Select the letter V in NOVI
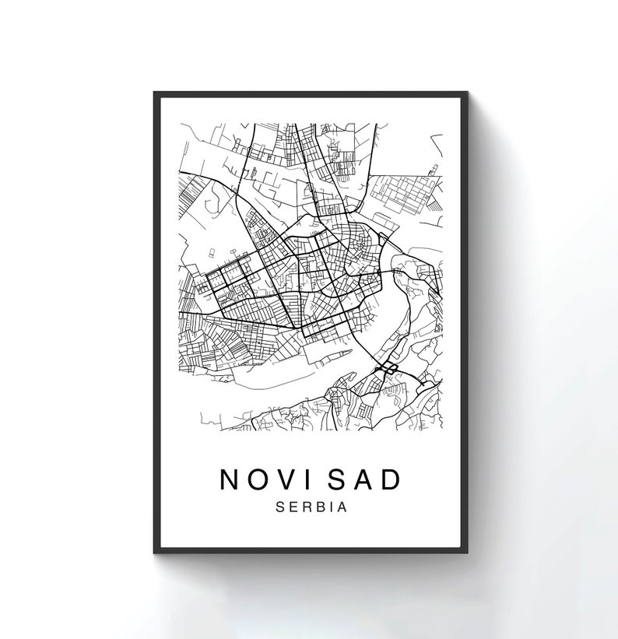(x=289, y=479)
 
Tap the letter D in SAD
(x=391, y=479)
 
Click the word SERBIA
(x=311, y=507)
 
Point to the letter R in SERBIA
(x=305, y=507)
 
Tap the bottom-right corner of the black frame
(x=465, y=552)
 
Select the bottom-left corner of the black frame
(x=155, y=552)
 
